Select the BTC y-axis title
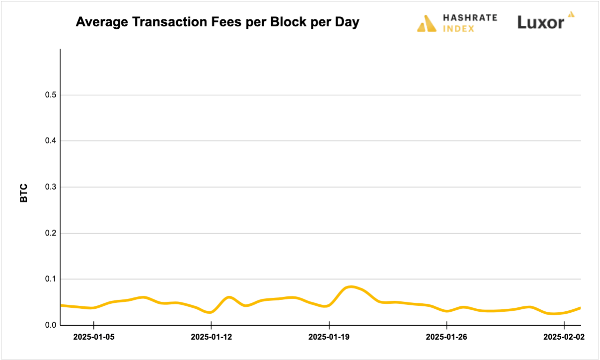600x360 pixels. click(x=24, y=193)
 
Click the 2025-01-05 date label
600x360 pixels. click(x=94, y=337)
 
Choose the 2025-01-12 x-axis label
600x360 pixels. click(x=212, y=337)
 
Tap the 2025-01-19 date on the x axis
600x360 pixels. click(x=329, y=337)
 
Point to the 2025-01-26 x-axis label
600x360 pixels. click(x=447, y=337)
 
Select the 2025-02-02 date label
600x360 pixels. click(x=564, y=337)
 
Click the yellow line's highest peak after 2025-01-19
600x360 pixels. click(x=351, y=287)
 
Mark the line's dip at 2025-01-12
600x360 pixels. click(x=211, y=312)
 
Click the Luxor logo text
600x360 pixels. click(x=541, y=22)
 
